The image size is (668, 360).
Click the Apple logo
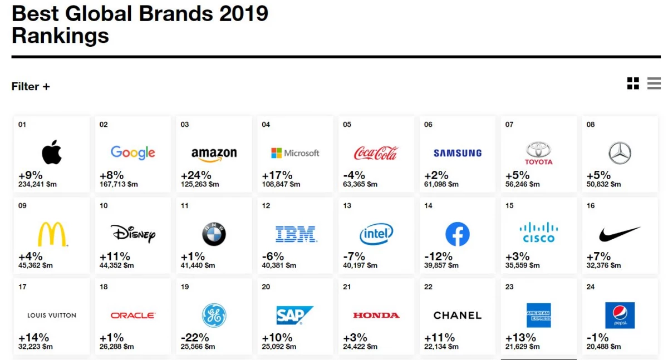click(52, 152)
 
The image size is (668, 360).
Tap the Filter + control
click(31, 86)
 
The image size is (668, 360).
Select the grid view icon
click(633, 83)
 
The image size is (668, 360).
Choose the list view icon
click(654, 83)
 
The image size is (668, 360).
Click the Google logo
click(133, 153)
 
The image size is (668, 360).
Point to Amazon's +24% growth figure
click(196, 175)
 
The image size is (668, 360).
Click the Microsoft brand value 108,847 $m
click(281, 184)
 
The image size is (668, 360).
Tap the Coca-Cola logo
click(376, 153)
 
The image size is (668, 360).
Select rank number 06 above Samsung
click(428, 125)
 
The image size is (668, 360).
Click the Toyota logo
click(539, 153)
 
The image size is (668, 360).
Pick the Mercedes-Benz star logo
click(620, 153)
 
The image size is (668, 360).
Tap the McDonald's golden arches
click(52, 234)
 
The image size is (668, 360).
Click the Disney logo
click(133, 234)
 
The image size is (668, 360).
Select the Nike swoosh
click(620, 234)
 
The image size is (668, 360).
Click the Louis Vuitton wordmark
click(52, 315)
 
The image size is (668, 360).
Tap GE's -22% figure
click(195, 338)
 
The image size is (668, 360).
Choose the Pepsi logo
click(620, 315)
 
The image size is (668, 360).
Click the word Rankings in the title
click(60, 36)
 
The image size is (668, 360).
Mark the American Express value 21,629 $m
click(523, 347)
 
